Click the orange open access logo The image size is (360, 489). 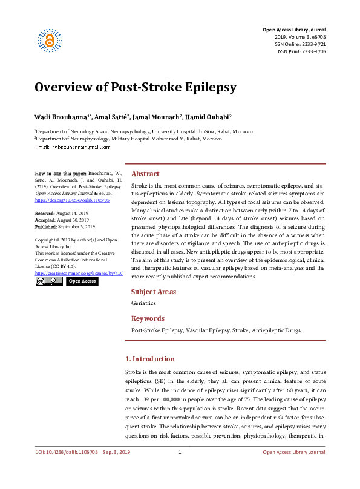point(50,39)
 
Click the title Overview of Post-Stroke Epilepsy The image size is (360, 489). point(135,87)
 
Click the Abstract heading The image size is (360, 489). point(145,173)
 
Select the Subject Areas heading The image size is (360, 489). point(154,292)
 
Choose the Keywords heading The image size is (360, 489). point(148,318)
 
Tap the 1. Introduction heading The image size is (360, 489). point(149,359)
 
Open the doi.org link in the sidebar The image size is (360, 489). point(72,200)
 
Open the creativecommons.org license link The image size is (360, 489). point(78,274)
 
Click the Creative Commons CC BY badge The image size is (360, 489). point(48,281)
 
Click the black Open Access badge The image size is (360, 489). point(81,281)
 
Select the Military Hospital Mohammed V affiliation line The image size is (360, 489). point(128,139)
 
